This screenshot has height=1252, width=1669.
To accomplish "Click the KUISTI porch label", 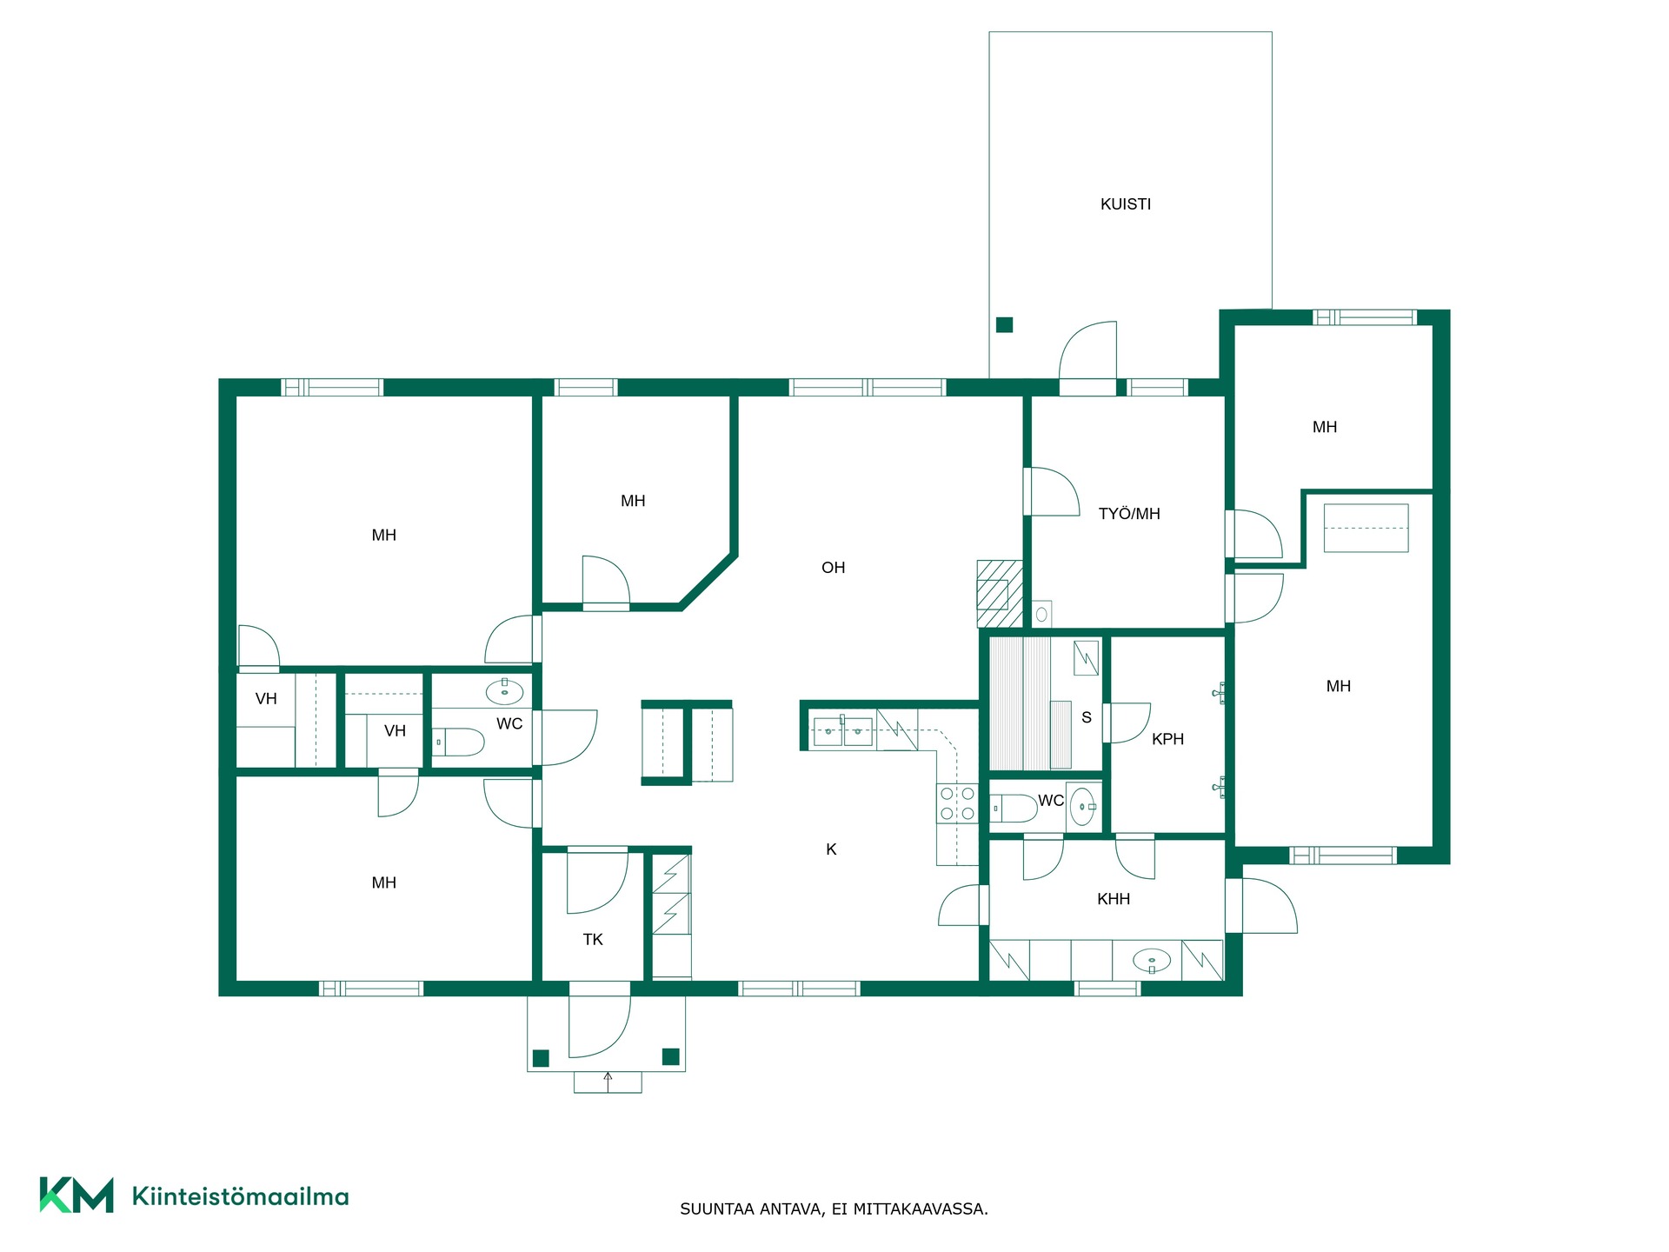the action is tap(1126, 204).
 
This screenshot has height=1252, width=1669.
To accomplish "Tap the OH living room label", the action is tap(833, 568).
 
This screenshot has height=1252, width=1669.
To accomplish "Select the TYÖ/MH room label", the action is tap(1129, 514).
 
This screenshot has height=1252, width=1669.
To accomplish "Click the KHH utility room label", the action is tap(1114, 899).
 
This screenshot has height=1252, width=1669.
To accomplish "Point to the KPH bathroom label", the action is tap(1167, 739).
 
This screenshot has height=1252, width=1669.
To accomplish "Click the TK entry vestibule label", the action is tap(593, 939).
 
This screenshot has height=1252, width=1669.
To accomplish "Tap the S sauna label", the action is tap(1087, 717).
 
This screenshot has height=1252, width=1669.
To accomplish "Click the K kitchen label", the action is tap(831, 849).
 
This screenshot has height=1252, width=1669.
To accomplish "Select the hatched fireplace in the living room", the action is tap(1000, 593).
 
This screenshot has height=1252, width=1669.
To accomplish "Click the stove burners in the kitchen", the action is tap(957, 803).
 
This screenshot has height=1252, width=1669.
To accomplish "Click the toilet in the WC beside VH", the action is tap(458, 743).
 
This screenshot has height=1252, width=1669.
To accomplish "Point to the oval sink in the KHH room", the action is tap(1152, 961).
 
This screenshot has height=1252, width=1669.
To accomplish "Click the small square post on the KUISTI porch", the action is tap(1004, 325).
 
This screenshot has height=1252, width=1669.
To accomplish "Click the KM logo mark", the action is tap(76, 1195).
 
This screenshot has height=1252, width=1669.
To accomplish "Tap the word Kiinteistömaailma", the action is tap(240, 1196).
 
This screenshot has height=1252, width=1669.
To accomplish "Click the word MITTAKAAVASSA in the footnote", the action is tap(921, 1209).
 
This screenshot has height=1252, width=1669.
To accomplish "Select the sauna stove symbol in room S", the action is tap(1086, 658).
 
